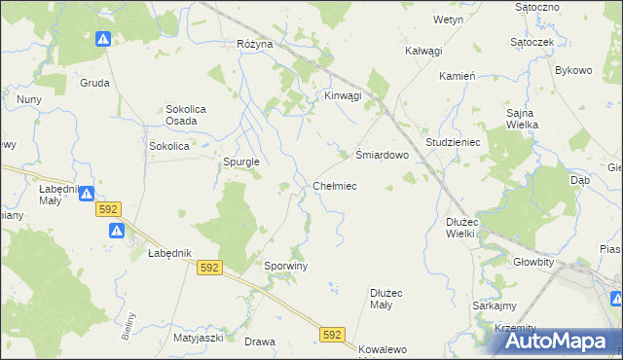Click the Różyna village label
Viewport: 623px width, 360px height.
point(254,45)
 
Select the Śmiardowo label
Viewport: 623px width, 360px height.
point(380,154)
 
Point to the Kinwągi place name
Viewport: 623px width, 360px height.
point(342,95)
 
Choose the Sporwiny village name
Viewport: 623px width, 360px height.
point(286,266)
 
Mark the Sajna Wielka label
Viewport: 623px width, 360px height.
point(527,120)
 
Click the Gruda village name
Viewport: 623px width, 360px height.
point(94,83)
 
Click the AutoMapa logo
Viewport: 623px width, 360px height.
point(558,341)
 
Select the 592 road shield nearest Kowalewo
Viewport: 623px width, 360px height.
point(332,335)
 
